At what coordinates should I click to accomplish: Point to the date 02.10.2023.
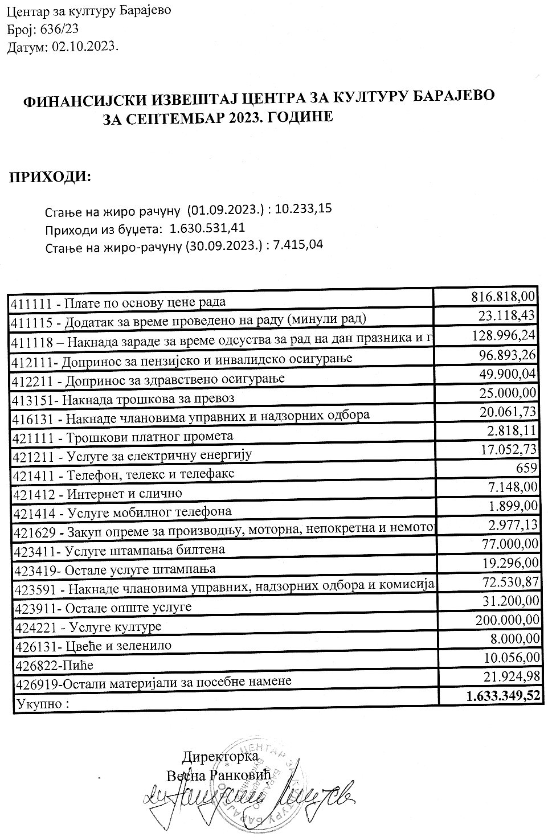click(85, 48)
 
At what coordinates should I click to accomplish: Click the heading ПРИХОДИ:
click(50, 177)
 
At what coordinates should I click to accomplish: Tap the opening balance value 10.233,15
click(303, 209)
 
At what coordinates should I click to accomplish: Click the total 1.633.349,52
click(502, 695)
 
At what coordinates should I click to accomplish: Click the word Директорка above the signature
click(220, 758)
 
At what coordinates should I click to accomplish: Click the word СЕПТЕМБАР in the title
click(190, 118)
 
